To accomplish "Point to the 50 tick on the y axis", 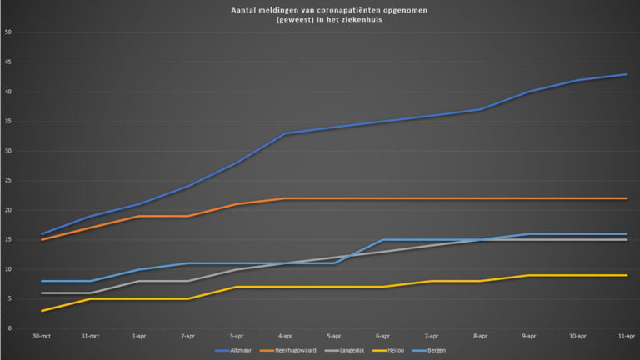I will point(8,32).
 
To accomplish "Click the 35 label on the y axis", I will point(8,121).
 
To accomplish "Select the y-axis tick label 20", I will point(8,210).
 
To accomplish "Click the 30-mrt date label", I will point(42,337).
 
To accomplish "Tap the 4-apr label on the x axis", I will point(285,337).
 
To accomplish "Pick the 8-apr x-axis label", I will point(480,337).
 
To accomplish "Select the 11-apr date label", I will point(626,337).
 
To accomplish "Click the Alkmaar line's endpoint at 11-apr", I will point(626,74).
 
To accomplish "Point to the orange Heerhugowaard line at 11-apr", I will point(626,198).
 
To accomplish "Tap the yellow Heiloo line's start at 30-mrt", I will point(42,311).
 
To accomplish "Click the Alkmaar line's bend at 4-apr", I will point(285,133).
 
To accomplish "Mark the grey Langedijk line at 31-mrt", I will point(91,292).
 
